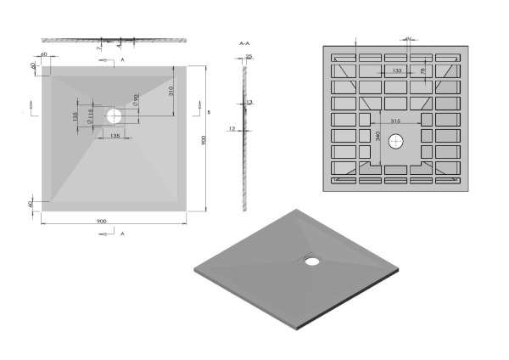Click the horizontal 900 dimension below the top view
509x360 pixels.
pos(101,222)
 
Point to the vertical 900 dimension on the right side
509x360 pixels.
pos(204,141)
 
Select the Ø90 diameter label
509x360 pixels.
pos(137,102)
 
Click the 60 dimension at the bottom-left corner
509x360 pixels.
pos(31,205)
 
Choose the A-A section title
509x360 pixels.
pos(244,42)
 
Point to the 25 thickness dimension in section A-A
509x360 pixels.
pos(249,57)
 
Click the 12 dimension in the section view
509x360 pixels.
pos(232,129)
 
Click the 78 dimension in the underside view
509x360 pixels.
pos(423,71)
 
